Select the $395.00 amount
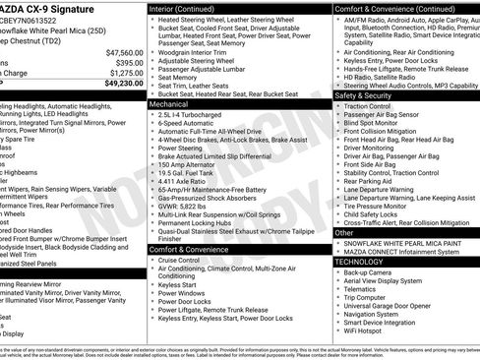pos(129,62)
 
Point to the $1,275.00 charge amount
pos(126,73)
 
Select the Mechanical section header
pos(169,102)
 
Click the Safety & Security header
pos(363,95)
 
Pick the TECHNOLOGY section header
pos(360,262)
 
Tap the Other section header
pos(345,233)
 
